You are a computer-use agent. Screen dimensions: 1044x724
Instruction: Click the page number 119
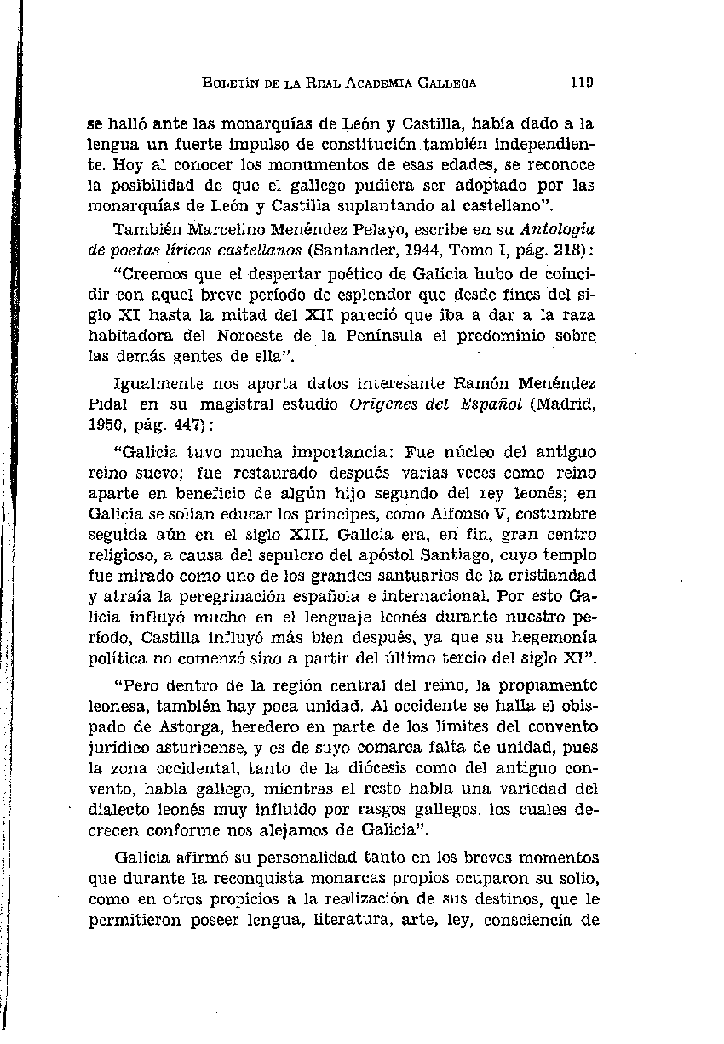coord(583,83)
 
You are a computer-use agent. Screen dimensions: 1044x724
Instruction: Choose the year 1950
coord(108,420)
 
